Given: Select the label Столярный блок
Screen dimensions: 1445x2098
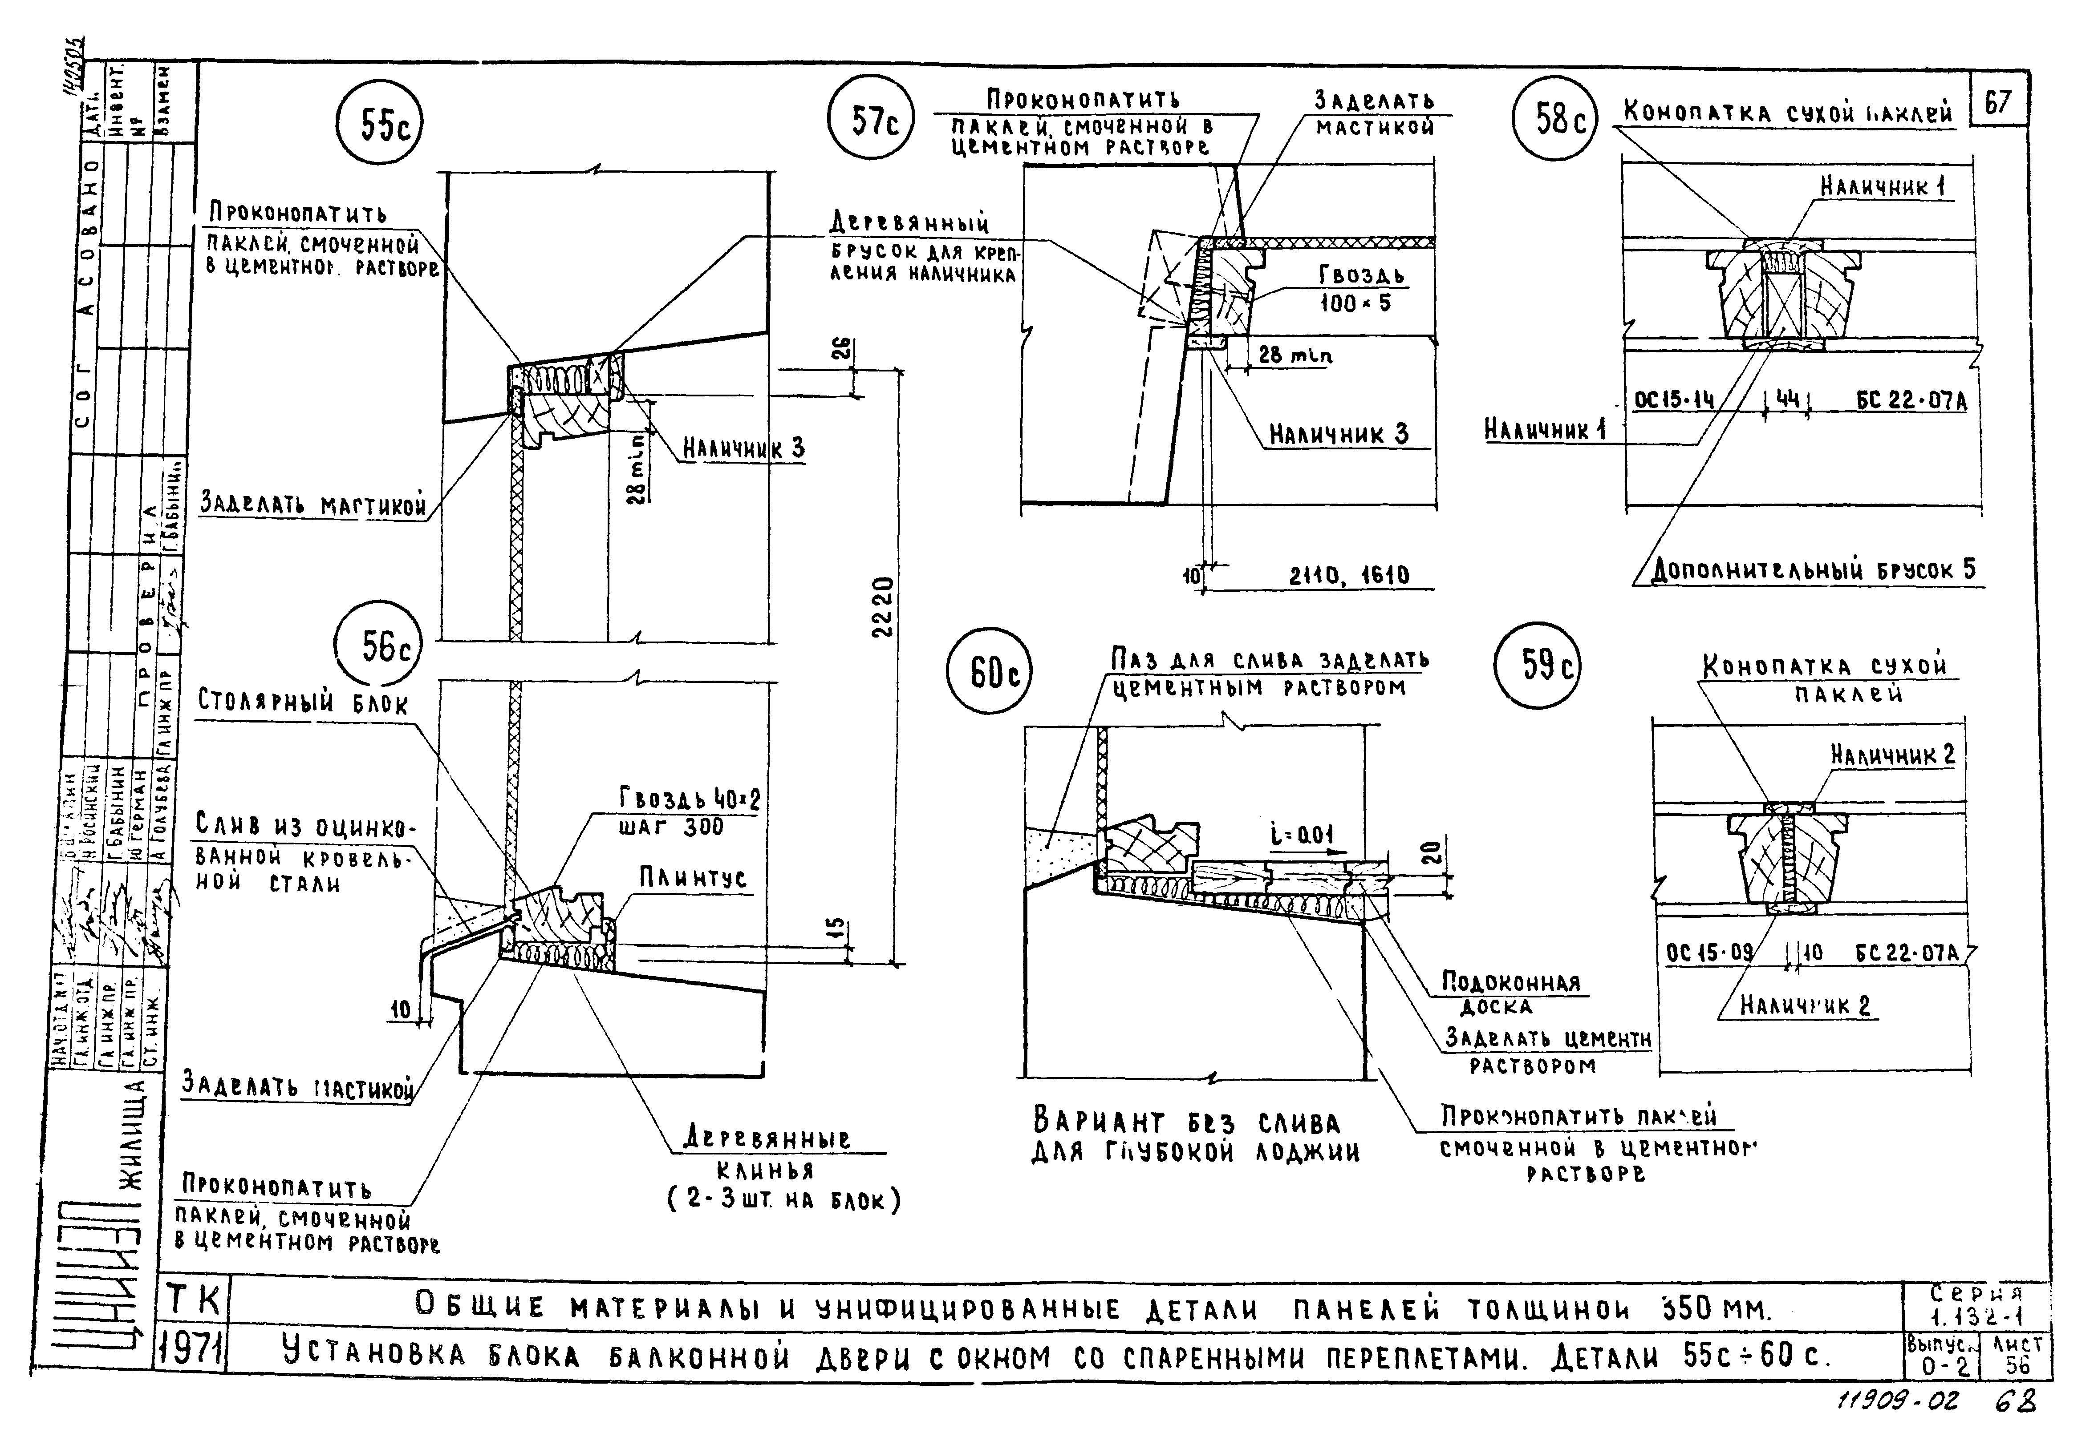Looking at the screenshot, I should (x=303, y=702).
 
